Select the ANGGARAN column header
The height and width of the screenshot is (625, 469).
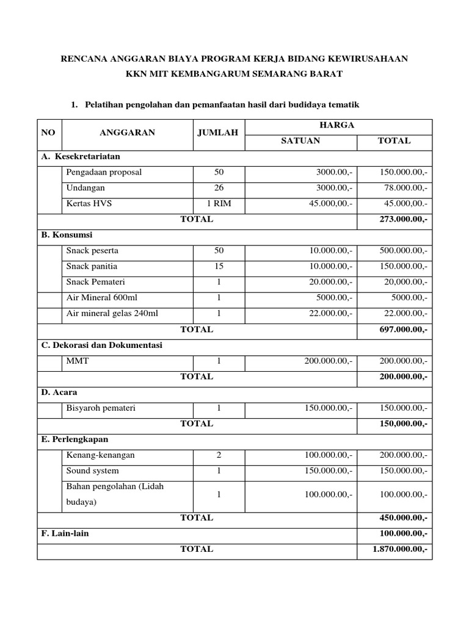127,132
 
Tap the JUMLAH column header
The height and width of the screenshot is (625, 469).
219,132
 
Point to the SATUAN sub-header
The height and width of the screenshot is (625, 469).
300,141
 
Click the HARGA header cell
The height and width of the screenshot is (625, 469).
338,125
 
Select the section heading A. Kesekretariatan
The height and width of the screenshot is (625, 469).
81,157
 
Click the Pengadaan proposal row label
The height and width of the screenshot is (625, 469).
104,172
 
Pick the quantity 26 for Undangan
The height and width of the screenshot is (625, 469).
219,188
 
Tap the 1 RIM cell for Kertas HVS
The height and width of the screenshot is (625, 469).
219,204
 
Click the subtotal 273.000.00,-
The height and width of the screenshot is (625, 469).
403,219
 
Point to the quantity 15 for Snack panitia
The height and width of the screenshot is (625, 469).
219,266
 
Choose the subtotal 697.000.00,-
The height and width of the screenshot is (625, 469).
403,330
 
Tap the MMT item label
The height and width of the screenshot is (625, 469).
78,361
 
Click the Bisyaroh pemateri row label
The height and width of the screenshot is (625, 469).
101,408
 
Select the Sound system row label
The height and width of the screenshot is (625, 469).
92,471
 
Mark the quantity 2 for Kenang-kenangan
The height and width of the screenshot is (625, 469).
219,455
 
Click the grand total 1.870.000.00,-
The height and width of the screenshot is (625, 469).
400,549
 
